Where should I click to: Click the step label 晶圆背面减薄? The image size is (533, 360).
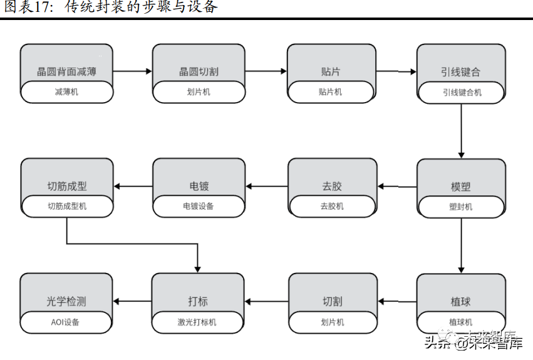tap(67, 72)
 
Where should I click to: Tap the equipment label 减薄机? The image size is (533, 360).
tap(67, 92)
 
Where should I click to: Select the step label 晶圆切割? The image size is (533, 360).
tap(199, 72)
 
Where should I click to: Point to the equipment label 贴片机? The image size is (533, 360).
tap(330, 92)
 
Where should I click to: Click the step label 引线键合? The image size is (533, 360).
tap(460, 72)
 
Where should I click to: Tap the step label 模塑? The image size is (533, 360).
tap(460, 187)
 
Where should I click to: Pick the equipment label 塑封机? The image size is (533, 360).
tap(461, 207)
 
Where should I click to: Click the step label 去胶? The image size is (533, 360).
tap(332, 187)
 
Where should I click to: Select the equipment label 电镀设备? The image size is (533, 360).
tap(199, 206)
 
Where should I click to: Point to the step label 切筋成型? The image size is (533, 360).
tap(67, 187)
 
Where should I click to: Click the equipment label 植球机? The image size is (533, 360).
tap(461, 322)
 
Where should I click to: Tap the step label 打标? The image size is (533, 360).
tap(198, 301)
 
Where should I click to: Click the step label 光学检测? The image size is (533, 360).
tap(66, 301)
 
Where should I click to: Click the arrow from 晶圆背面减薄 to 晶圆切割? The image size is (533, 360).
tap(133, 71)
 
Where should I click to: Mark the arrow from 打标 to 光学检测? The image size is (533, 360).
tap(133, 301)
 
